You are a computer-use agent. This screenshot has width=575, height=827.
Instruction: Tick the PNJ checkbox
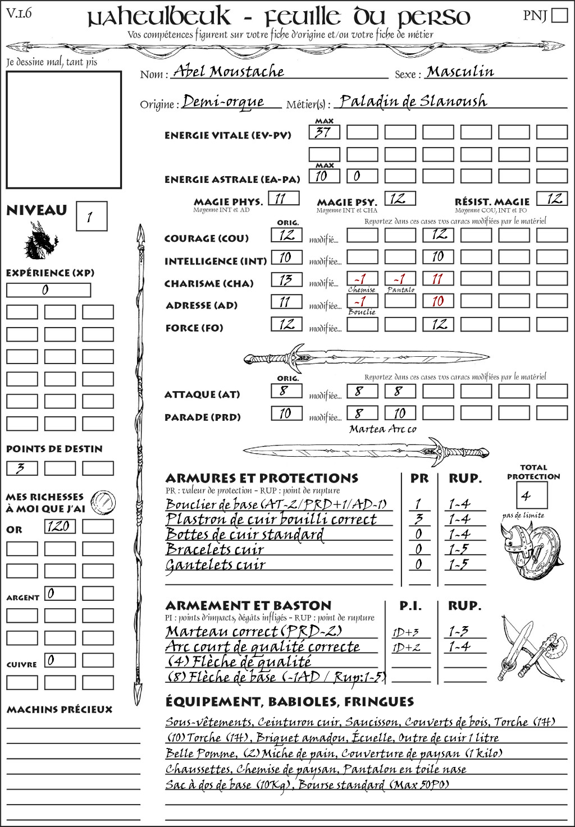[559, 15]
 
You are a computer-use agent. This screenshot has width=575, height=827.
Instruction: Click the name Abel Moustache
[229, 72]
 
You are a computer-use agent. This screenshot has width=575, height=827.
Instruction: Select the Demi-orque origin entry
[223, 102]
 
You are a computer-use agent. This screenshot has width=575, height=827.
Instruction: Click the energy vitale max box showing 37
[324, 132]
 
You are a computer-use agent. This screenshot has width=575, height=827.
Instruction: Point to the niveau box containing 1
[91, 217]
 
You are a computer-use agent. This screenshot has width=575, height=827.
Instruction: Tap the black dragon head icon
[40, 241]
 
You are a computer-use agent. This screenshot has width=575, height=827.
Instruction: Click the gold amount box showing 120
[60, 526]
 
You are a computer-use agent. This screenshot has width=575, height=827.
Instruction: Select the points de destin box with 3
[22, 468]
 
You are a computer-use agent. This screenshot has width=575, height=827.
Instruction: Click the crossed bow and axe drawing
[531, 649]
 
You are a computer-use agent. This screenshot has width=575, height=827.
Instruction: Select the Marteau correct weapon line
[254, 631]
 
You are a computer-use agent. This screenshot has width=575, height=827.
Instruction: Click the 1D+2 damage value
[406, 647]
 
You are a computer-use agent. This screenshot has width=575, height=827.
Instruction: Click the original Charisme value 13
[286, 279]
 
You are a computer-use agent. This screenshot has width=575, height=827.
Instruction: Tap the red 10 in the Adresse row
[438, 301]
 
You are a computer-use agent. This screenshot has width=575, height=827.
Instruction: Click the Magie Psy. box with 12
[399, 199]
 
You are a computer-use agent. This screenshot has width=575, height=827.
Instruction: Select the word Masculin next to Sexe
[460, 72]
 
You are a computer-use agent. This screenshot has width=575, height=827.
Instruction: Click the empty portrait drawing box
[63, 130]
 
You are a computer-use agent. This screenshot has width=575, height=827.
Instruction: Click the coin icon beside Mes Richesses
[103, 502]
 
